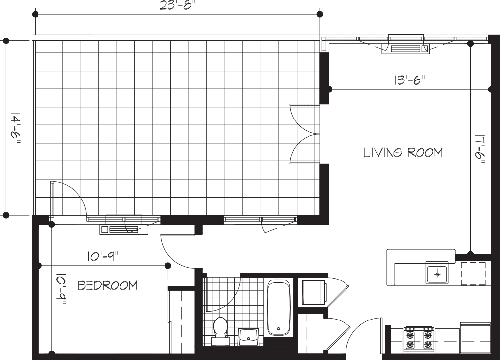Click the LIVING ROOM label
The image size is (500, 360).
pyautogui.click(x=403, y=152)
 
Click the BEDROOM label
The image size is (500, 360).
pyautogui.click(x=108, y=286)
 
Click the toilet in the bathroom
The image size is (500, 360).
pyautogui.click(x=220, y=329)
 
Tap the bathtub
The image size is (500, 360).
pyautogui.click(x=279, y=308)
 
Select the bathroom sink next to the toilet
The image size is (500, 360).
pyautogui.click(x=250, y=337)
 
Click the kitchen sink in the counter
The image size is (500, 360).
pyautogui.click(x=436, y=273)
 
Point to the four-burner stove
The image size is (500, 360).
pyautogui.click(x=418, y=339)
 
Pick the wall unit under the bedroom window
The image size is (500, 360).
pyautogui.click(x=123, y=228)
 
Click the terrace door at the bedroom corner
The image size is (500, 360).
pyautogui.click(x=68, y=198)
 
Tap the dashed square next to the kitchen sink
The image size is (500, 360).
pyautogui.click(x=473, y=274)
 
